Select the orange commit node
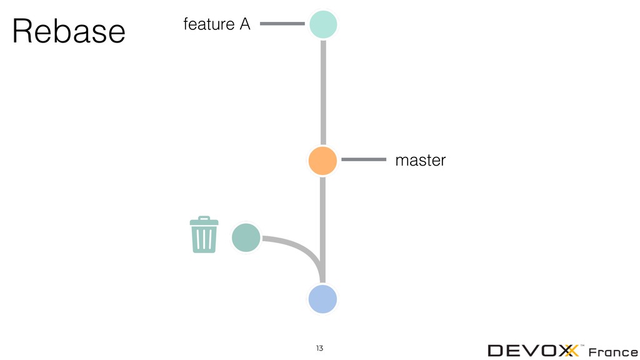tap(322, 161)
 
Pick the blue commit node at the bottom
tap(322, 299)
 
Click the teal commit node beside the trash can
tap(246, 238)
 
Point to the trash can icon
tap(204, 235)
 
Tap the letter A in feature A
tap(244, 24)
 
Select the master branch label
tap(421, 161)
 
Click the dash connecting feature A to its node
tap(281, 24)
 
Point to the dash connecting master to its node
tap(364, 160)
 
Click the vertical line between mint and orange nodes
tap(323, 92)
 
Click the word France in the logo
tap(614, 351)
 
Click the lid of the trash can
tap(204, 221)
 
